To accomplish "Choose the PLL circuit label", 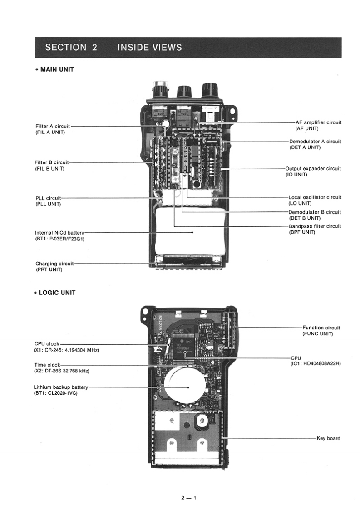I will (48, 198).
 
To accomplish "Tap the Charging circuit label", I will (54, 264).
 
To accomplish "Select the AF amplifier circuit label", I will (318, 122).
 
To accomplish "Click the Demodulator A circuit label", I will (315, 142).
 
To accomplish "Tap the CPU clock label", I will (47, 344).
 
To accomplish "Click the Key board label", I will (328, 438).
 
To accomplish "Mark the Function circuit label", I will (321, 328).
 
